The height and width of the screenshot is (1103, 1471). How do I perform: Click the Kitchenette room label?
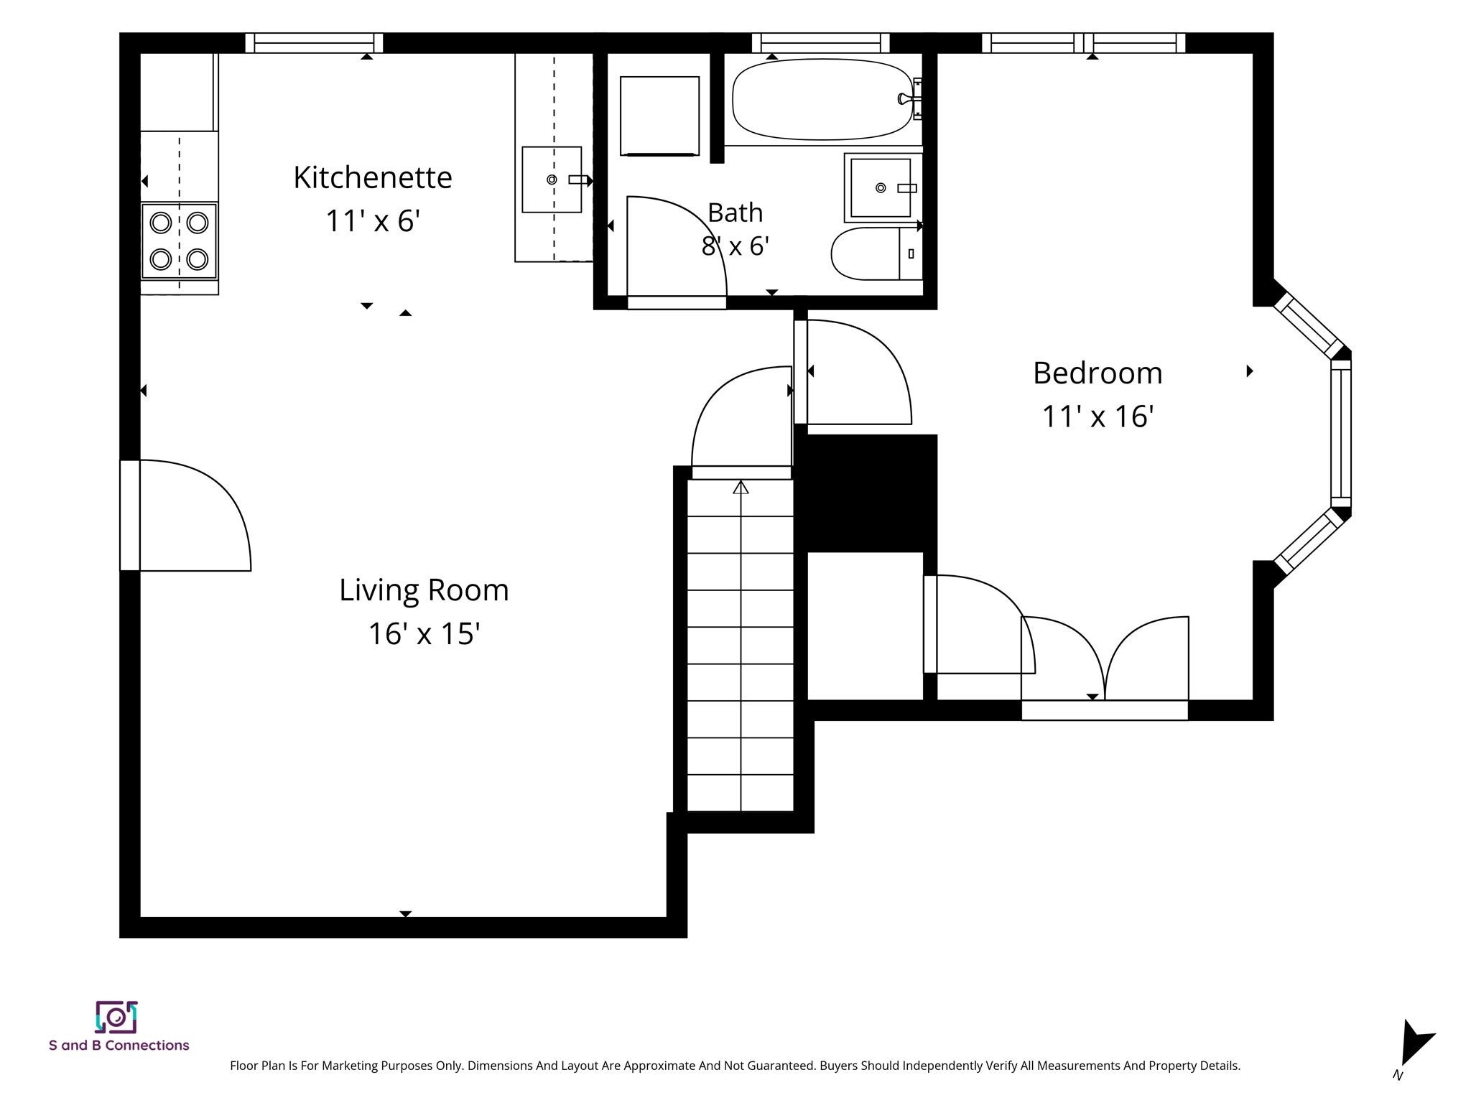click(x=373, y=177)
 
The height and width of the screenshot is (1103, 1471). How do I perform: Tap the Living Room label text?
click(x=424, y=590)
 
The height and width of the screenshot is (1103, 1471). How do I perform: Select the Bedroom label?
click(x=1098, y=373)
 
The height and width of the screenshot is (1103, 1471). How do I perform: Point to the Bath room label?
click(x=735, y=213)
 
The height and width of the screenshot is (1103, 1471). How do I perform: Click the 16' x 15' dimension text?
click(x=424, y=634)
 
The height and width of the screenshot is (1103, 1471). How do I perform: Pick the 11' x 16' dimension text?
click(x=1098, y=416)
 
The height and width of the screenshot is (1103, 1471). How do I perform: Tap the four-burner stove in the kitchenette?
click(x=179, y=241)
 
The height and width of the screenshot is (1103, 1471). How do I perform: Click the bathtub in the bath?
click(x=823, y=100)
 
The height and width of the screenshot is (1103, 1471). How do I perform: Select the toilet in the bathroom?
click(x=876, y=253)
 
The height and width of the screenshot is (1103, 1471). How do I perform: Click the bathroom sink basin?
click(x=881, y=188)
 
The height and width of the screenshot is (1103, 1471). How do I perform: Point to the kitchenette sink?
click(x=552, y=180)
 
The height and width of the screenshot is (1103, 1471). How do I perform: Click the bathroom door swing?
click(x=677, y=246)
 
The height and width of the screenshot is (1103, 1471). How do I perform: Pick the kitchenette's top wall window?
click(x=314, y=43)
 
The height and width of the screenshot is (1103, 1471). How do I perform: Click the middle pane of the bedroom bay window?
click(x=1341, y=434)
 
